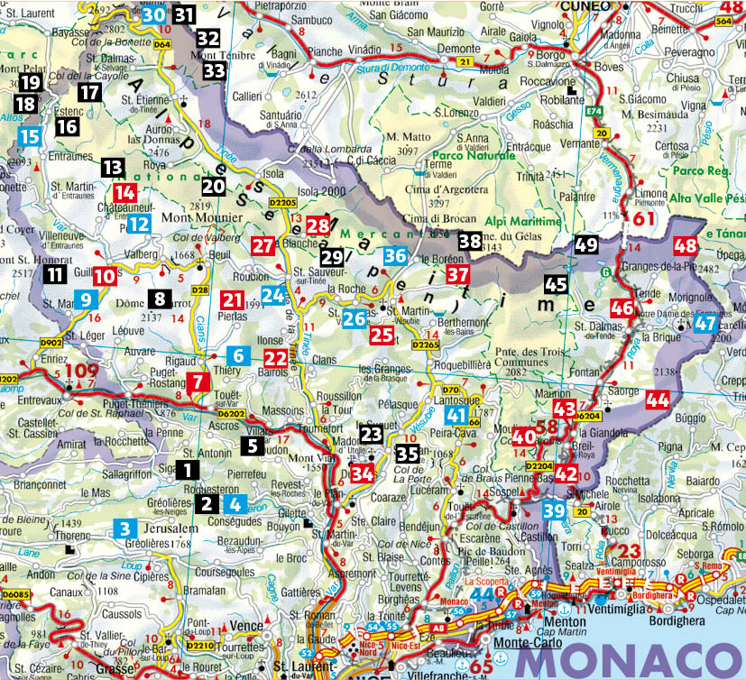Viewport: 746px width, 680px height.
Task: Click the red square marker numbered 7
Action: tap(198, 381)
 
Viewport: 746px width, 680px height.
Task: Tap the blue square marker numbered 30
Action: tap(154, 14)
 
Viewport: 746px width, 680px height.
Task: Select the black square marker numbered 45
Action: tap(556, 285)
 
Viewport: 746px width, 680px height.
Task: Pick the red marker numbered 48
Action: tap(686, 245)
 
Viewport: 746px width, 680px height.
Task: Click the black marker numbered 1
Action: tap(187, 469)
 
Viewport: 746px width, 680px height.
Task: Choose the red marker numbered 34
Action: tap(363, 473)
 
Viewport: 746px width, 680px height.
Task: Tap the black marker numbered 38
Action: tap(469, 241)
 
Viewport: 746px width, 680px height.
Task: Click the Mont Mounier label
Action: tap(200, 217)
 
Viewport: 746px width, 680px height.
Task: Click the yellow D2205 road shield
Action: tap(284, 204)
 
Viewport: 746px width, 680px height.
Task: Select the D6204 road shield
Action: tap(588, 416)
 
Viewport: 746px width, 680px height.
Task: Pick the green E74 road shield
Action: tap(594, 111)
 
